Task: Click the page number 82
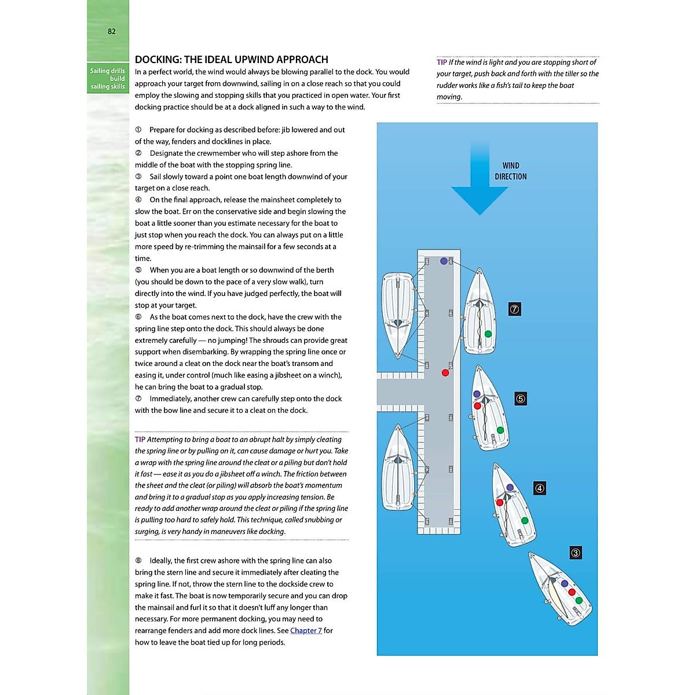click(112, 31)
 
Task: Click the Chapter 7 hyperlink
click(306, 630)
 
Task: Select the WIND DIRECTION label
click(510, 171)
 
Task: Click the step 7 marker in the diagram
click(514, 309)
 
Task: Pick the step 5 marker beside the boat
click(520, 398)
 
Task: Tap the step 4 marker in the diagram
click(539, 488)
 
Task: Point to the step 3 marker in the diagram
click(575, 553)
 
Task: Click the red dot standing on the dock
click(445, 372)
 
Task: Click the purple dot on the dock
click(444, 261)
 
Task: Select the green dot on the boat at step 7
click(488, 334)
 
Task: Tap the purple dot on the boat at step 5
click(477, 394)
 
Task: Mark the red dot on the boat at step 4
click(499, 503)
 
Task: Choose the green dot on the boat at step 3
click(579, 601)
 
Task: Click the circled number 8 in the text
click(138, 561)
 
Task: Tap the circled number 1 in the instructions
click(138, 130)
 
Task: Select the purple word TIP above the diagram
click(442, 63)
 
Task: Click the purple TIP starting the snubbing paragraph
click(140, 440)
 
